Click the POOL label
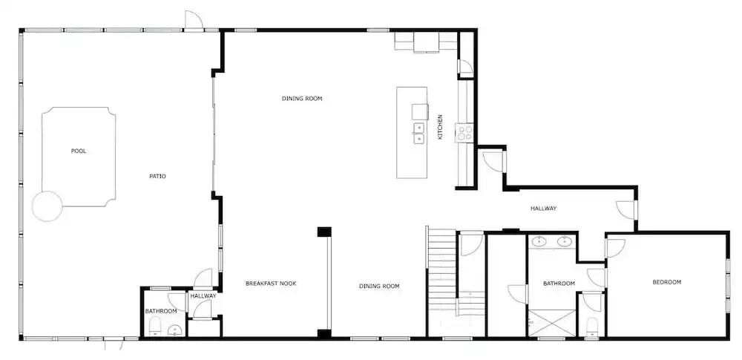tap(79, 151)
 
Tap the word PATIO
tap(157, 176)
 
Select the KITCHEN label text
tap(440, 126)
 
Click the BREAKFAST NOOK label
tap(271, 284)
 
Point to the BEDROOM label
tap(667, 282)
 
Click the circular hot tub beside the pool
tap(47, 206)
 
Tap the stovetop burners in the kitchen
tap(464, 133)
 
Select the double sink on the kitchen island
tap(418, 133)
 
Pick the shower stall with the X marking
tap(551, 323)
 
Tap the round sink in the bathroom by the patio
tap(174, 330)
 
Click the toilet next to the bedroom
tap(591, 327)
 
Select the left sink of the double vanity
tap(539, 241)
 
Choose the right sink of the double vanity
tap(564, 241)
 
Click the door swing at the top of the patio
tap(194, 20)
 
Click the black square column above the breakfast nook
tap(324, 232)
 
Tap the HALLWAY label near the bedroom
tap(543, 209)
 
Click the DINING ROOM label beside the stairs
tap(379, 286)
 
